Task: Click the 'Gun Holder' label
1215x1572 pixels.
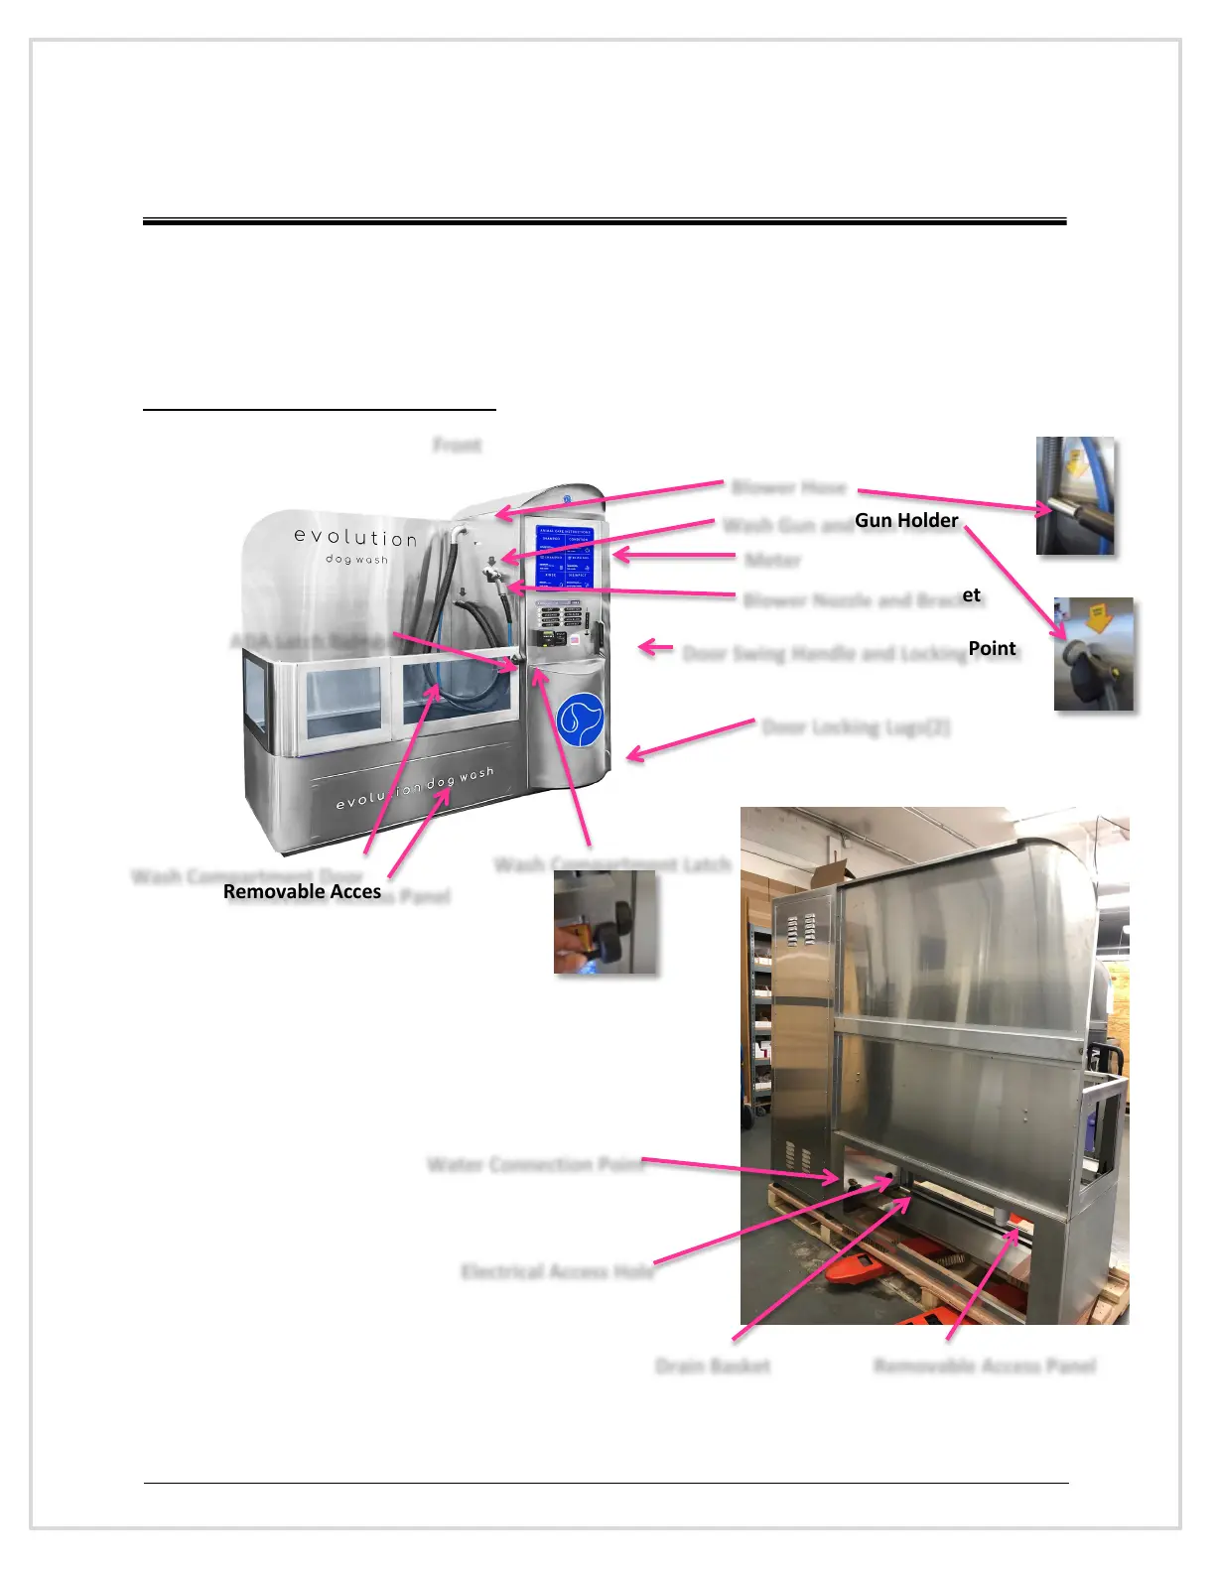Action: (x=906, y=520)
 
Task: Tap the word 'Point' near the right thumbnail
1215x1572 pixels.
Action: (x=992, y=648)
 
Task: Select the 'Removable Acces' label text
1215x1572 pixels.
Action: (x=302, y=891)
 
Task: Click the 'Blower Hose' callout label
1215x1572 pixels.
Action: (x=789, y=487)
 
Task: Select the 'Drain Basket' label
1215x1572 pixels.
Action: (x=713, y=1367)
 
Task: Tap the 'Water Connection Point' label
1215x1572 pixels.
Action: (x=536, y=1164)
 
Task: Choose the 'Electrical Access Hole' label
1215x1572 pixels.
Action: (x=558, y=1271)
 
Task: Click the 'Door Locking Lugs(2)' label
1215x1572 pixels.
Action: (x=856, y=726)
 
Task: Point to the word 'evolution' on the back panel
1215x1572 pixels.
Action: (x=355, y=538)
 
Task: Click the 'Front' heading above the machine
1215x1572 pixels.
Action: (x=458, y=446)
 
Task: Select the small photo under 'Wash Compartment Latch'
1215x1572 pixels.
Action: (x=606, y=922)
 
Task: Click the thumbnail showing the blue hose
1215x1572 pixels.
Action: (x=1075, y=495)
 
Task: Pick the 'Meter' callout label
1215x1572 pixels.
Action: (x=773, y=560)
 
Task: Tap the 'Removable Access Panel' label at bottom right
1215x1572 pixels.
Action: (x=985, y=1367)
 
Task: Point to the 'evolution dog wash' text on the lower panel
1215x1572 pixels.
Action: (x=415, y=788)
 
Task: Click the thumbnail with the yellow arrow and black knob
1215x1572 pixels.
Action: (x=1094, y=654)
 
